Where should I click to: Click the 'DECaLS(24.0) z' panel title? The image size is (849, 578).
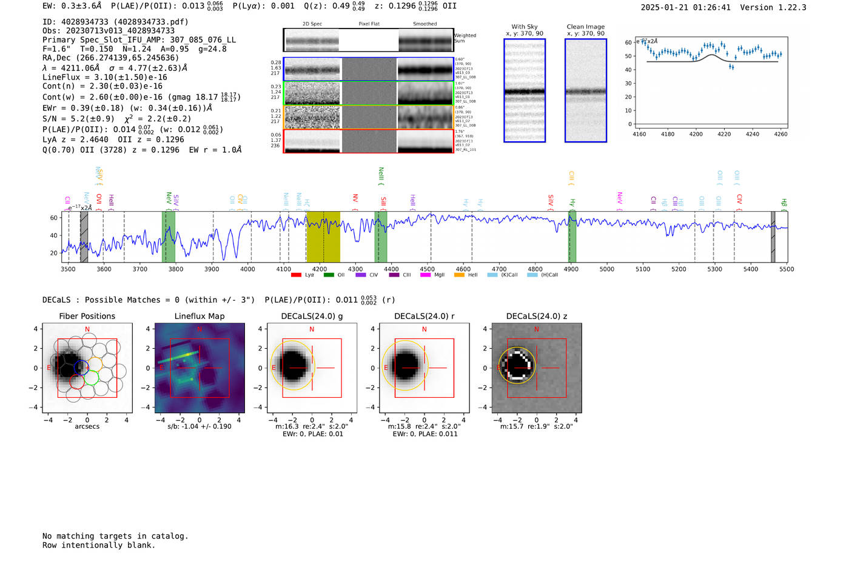[536, 316]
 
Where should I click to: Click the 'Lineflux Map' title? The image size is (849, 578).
[200, 316]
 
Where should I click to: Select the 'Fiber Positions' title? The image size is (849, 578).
[87, 316]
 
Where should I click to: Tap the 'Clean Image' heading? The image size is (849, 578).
[585, 27]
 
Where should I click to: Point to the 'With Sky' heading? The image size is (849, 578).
[524, 27]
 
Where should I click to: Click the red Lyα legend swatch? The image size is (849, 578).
[296, 275]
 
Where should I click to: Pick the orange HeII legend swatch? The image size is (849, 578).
[459, 275]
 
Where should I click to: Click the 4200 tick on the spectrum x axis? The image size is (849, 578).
[320, 269]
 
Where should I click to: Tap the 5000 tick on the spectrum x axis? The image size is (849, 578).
[607, 269]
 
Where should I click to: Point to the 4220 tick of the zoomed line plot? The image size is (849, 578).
[724, 134]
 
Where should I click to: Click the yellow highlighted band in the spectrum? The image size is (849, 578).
[323, 237]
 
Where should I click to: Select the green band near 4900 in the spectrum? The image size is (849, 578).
[572, 237]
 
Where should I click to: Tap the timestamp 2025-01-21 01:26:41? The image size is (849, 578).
[685, 7]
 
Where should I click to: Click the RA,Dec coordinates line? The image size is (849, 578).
[110, 58]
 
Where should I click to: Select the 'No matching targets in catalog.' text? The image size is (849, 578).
[115, 536]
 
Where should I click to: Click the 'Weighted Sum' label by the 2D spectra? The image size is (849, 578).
[465, 38]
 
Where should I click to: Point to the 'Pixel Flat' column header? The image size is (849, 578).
[369, 24]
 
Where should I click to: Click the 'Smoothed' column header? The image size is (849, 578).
[424, 24]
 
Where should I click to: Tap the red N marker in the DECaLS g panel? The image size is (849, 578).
[312, 329]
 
